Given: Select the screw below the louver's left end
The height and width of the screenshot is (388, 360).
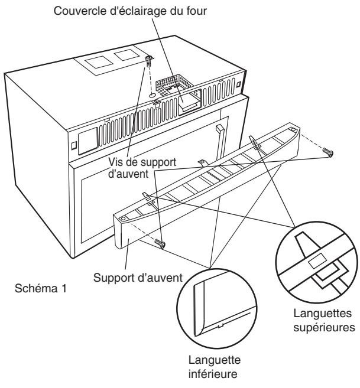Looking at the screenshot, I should pyautogui.click(x=160, y=243).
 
